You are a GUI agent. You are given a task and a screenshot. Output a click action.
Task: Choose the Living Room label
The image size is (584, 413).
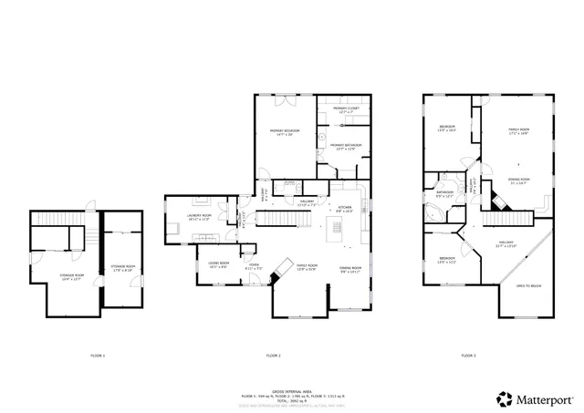point(217,265)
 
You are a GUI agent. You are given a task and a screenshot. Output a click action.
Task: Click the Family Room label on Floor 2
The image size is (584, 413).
point(305,268)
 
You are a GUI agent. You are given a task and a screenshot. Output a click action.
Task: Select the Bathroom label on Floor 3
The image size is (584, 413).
point(445,194)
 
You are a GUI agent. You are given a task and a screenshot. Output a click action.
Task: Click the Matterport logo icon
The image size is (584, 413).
point(502,398)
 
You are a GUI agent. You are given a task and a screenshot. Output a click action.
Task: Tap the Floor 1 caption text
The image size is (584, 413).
point(98,355)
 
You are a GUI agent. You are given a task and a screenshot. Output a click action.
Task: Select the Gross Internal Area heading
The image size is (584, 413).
point(292,388)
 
